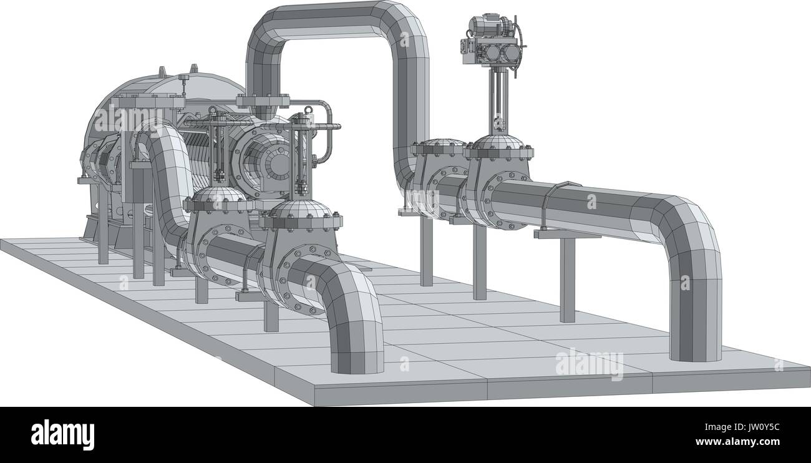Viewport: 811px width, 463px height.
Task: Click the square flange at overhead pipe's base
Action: [263, 101]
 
